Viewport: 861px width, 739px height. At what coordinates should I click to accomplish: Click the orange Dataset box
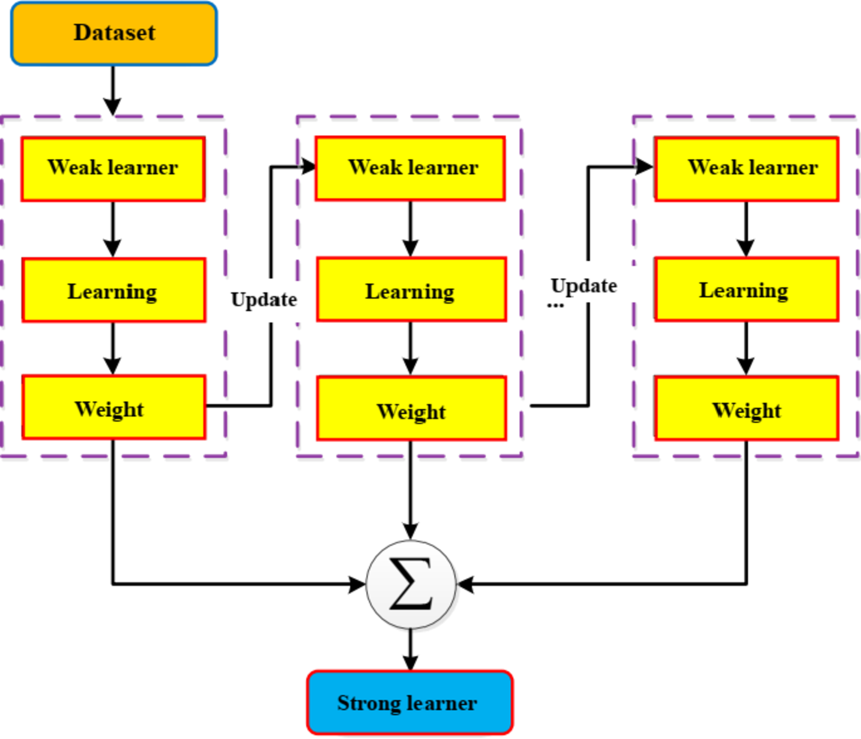click(113, 33)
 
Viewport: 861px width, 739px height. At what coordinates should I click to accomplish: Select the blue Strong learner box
click(409, 702)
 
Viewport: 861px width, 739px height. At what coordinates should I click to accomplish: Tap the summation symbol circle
click(411, 584)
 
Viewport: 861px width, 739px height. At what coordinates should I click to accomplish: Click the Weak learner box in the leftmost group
click(113, 168)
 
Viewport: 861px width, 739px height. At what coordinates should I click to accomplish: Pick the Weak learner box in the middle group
click(410, 168)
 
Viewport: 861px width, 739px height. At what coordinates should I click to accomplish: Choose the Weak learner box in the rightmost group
click(746, 168)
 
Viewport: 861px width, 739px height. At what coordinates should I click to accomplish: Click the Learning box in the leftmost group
click(113, 291)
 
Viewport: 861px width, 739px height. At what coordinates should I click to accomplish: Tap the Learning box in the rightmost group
click(746, 289)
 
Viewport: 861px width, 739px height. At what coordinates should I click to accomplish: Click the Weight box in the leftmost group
click(113, 408)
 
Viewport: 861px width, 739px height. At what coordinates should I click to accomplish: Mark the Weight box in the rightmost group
click(746, 409)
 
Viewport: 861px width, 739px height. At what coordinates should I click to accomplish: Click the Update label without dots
click(264, 299)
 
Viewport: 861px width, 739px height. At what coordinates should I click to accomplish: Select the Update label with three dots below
click(584, 286)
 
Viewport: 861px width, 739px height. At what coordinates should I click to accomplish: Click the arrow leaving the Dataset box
click(112, 90)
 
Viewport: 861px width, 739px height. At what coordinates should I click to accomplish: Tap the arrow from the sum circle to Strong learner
click(411, 650)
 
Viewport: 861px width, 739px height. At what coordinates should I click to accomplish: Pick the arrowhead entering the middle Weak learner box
click(309, 166)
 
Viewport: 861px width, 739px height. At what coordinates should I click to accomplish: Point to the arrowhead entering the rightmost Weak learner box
click(645, 166)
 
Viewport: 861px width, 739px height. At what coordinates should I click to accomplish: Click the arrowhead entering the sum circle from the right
click(466, 584)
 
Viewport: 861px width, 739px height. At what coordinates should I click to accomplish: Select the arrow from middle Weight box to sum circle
click(411, 489)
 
